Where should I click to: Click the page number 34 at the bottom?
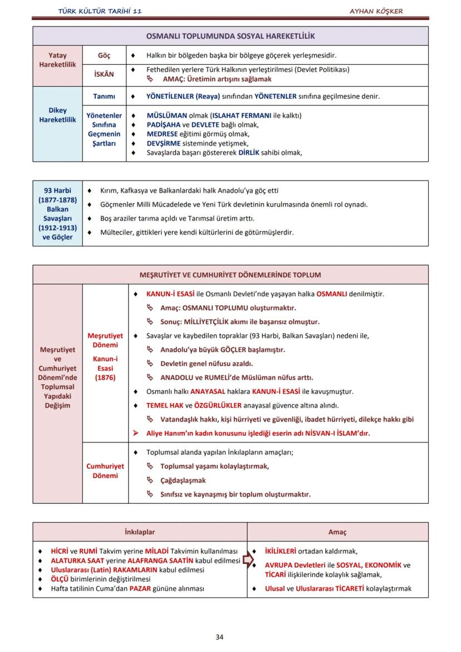tap(219, 637)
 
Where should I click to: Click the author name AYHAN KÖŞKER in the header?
tap(376, 11)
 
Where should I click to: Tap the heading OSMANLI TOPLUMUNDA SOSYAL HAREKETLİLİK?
tap(230, 36)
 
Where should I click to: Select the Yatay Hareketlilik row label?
tap(57, 60)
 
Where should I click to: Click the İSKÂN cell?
tap(104, 75)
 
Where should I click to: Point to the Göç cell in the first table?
tap(104, 56)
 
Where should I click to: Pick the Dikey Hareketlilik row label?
tap(57, 115)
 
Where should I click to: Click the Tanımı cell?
tap(104, 96)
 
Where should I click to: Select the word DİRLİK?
tap(249, 152)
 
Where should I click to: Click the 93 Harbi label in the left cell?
tap(57, 190)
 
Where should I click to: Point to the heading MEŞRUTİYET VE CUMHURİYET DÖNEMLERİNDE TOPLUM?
tap(230, 275)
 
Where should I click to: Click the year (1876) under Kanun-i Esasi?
tap(105, 378)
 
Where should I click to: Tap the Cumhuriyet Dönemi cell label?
tap(105, 471)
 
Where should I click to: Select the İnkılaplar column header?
tap(140, 532)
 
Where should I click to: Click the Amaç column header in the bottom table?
tap(337, 532)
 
